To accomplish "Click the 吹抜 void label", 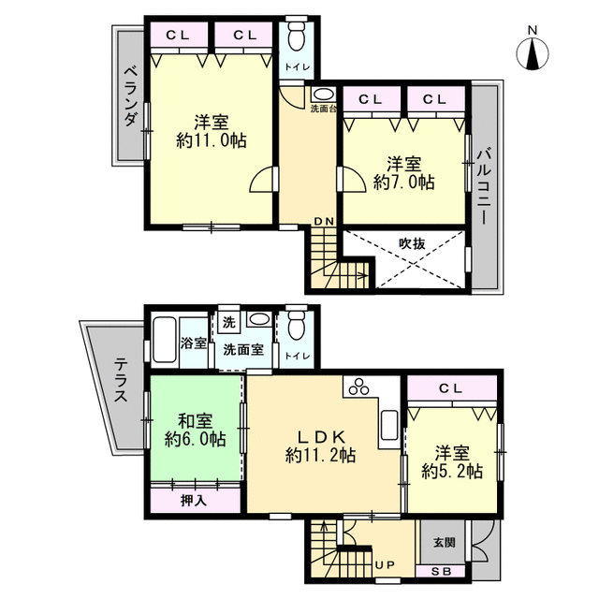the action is coord(412,243).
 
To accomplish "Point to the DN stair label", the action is coord(324,221).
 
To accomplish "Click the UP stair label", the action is coord(385,564).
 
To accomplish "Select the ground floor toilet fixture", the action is coord(297,323).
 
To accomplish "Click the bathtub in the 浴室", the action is coord(165,339).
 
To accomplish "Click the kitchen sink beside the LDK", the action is coord(389,425).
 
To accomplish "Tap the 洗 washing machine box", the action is coord(228,323).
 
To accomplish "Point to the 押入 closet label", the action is coord(194,501).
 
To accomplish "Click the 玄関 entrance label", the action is coord(445,542).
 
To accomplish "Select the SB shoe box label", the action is coord(442,572).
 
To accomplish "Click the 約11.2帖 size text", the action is coord(320,456).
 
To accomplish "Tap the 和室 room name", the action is coord(196,422).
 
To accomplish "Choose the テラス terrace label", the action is coord(122,380).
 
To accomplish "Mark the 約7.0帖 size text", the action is coord(404,182).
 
